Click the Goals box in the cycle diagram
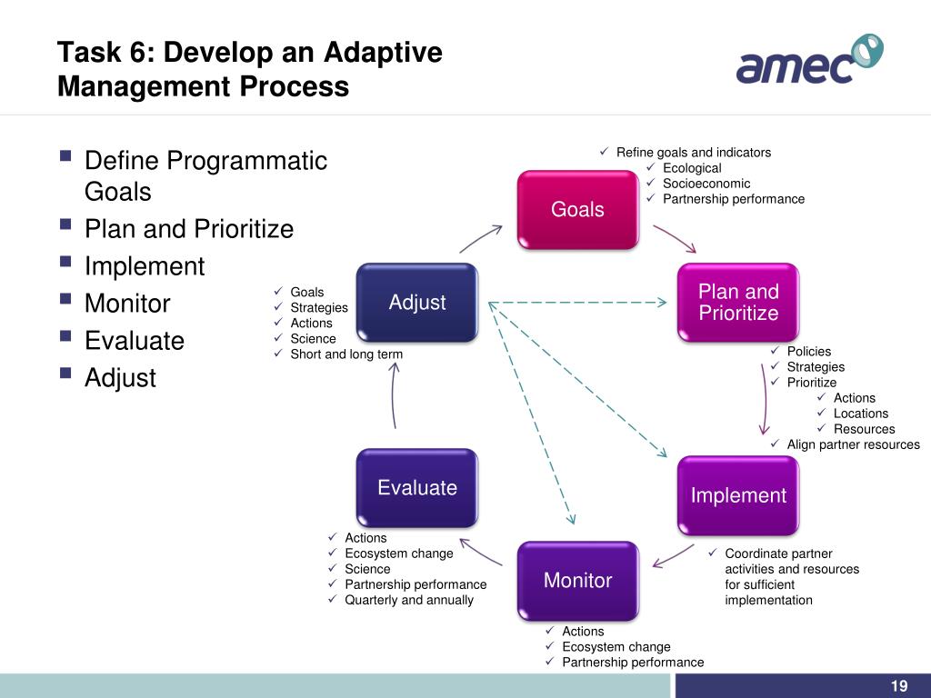[577, 209]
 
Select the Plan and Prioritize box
[738, 303]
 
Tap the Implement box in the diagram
[738, 495]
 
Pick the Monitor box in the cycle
[577, 580]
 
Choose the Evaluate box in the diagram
[417, 488]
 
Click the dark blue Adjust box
[417, 303]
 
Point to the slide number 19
[899, 686]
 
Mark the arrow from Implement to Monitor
[674, 554]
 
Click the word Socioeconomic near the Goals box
[706, 184]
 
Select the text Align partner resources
[853, 444]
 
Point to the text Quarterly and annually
[408, 600]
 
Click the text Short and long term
[345, 354]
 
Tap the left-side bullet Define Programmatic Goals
[205, 176]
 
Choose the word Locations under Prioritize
[860, 414]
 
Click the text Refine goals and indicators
[693, 153]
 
